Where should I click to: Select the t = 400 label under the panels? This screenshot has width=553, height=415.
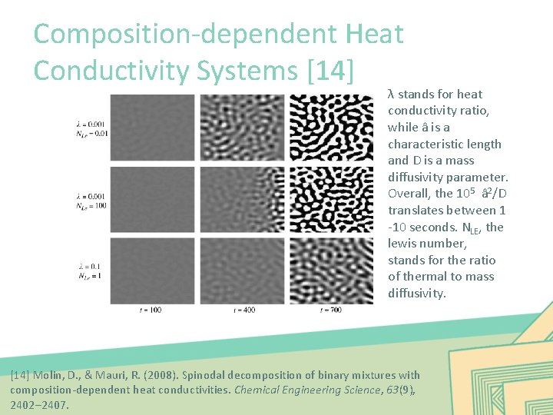pos(243,310)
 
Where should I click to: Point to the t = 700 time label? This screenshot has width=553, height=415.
pos(331,310)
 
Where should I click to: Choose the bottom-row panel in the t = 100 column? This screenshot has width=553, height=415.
pos(153,271)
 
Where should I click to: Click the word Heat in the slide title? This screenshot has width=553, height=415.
pos(375,34)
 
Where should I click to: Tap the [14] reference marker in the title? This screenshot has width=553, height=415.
pos(329,70)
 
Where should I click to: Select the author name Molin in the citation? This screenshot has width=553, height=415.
pos(50,375)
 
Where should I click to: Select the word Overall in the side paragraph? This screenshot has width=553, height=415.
pos(409,194)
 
